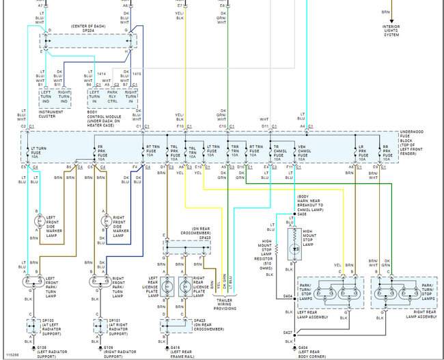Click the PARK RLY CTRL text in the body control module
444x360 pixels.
point(110,96)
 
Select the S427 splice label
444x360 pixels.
point(288,333)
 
